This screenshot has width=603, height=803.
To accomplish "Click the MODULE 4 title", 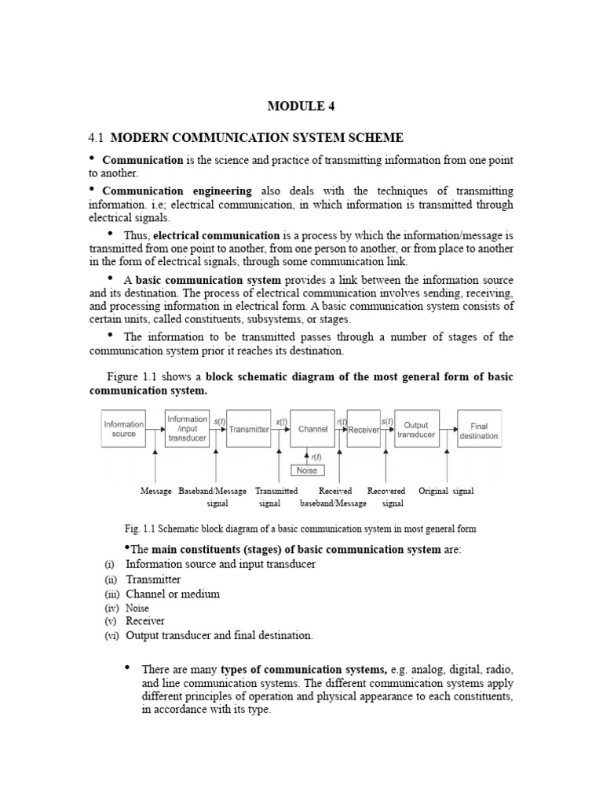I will (302, 107).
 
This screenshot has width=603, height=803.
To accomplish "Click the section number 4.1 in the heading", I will (96, 138).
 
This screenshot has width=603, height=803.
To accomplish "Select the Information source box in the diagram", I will (123, 429).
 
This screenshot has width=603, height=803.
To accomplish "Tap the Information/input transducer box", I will (186, 429).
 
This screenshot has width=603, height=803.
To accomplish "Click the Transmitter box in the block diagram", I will (248, 429).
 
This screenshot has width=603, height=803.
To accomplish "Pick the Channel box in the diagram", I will (312, 429).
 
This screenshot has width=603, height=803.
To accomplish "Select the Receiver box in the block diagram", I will (363, 429).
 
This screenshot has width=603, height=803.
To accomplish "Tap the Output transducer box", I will (415, 429).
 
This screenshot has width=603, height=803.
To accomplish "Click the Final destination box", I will (478, 429).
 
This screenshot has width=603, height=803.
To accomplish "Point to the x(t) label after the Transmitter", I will (280, 421).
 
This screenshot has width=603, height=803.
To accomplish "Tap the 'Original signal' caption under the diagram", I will (445, 491).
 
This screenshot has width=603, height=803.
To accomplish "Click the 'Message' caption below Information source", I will (155, 491).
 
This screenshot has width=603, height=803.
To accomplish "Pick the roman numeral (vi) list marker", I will (111, 636).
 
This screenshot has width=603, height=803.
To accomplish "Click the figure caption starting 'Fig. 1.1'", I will (300, 529).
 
